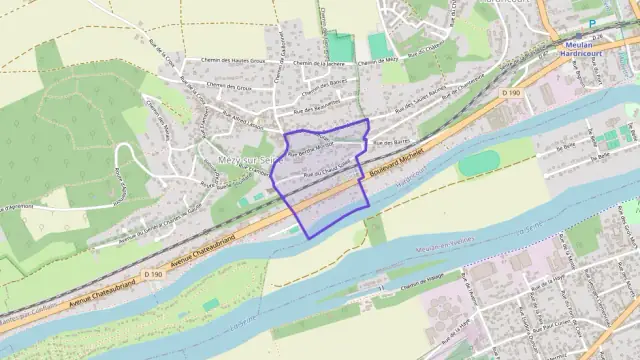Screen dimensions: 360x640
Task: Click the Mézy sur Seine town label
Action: [x=244, y=159]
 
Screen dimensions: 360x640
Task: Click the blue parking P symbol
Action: [x=591, y=23]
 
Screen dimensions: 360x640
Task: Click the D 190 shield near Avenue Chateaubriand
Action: [x=152, y=273]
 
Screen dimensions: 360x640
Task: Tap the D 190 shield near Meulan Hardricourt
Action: [x=511, y=93]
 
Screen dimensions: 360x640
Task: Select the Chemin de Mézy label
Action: [x=376, y=61]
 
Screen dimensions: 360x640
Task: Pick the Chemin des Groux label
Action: [x=230, y=86]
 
